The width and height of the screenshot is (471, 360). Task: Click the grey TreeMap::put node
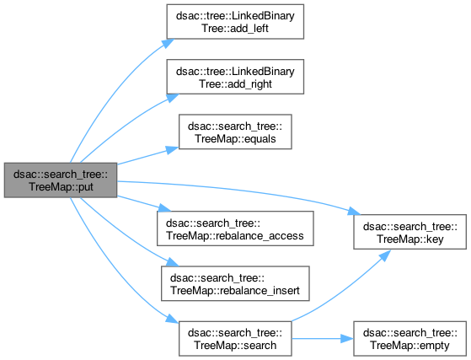(x=61, y=180)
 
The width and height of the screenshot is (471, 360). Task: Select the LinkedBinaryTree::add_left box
(x=235, y=22)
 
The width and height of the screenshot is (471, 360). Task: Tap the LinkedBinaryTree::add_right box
(x=235, y=77)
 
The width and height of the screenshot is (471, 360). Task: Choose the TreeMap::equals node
(x=235, y=132)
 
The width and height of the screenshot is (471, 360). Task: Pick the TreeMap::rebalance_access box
(x=235, y=228)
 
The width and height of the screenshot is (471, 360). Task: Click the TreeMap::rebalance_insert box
(x=235, y=283)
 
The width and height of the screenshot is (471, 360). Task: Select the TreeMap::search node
(x=235, y=339)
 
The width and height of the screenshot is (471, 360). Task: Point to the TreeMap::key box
(x=410, y=232)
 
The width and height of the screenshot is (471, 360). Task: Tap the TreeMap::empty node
(x=410, y=339)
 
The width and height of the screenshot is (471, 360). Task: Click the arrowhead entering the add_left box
(x=169, y=43)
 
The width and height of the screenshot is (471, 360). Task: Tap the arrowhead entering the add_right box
(x=173, y=98)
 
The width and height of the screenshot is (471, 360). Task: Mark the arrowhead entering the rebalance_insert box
(x=173, y=262)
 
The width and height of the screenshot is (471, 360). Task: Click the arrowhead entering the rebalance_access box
(x=164, y=207)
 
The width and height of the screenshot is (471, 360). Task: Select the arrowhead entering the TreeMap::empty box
(x=347, y=339)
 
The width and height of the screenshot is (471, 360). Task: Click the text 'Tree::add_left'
(x=235, y=29)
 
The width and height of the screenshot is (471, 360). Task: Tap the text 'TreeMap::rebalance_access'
(x=235, y=236)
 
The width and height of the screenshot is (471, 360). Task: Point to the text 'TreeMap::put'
(x=61, y=187)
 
